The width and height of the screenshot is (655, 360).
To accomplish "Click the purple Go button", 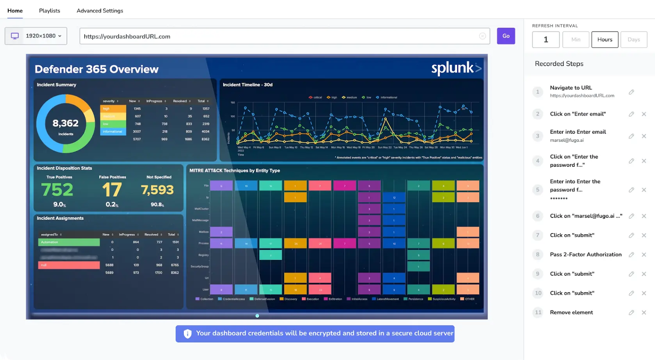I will pyautogui.click(x=506, y=36).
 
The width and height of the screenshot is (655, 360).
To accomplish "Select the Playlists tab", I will pyautogui.click(x=50, y=11).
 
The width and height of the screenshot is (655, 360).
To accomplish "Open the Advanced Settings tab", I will pyautogui.click(x=100, y=11).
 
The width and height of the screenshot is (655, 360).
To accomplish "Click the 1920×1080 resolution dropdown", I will pyautogui.click(x=36, y=36).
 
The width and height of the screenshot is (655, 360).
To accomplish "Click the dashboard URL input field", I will pyautogui.click(x=278, y=36).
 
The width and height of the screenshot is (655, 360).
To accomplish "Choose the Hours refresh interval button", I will pyautogui.click(x=605, y=40).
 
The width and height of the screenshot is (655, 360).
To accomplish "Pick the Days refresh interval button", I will pyautogui.click(x=634, y=40).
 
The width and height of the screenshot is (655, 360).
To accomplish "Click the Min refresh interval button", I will pyautogui.click(x=576, y=40).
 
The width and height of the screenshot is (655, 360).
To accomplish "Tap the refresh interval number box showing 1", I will pyautogui.click(x=546, y=40).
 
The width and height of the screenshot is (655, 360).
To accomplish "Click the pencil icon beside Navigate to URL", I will pyautogui.click(x=631, y=92).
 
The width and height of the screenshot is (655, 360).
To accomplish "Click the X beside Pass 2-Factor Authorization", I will pyautogui.click(x=644, y=255).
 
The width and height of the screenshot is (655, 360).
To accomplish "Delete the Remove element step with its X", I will pyautogui.click(x=644, y=312).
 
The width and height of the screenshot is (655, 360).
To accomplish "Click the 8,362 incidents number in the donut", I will pyautogui.click(x=65, y=123).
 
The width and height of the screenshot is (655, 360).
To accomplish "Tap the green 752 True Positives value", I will pyautogui.click(x=57, y=190).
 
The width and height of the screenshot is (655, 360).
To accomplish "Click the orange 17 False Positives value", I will pyautogui.click(x=112, y=190).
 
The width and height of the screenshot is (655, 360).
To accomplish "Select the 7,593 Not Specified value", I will pyautogui.click(x=157, y=190).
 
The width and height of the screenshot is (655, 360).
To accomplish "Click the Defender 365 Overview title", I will pyautogui.click(x=97, y=69).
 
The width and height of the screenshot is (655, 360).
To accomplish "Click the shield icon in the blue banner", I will pyautogui.click(x=187, y=334).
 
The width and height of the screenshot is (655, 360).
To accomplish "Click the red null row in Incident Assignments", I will pyautogui.click(x=69, y=265).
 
